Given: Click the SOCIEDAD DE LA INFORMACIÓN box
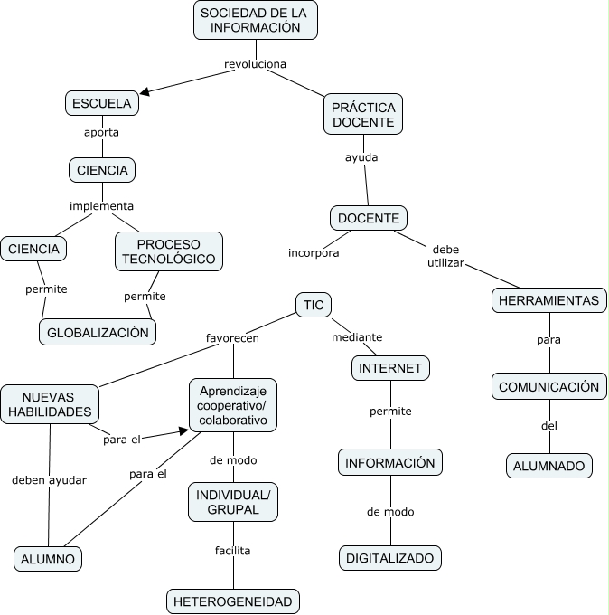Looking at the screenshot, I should pos(256,20).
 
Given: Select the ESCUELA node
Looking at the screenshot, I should pos(102,104).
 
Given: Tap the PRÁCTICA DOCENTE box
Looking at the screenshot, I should pos(362,113).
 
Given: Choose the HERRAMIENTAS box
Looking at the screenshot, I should pos(548,300).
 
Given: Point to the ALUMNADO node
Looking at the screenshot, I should pos(548,466).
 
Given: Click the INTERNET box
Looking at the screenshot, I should pos(390,368).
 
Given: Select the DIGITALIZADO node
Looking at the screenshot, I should pos(390,558).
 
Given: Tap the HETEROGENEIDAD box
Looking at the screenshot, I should pos(232,601).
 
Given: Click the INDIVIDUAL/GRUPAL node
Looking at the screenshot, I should pos(233,502).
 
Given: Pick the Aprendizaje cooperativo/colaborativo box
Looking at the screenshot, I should pos(233,404).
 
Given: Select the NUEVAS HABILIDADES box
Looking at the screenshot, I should pos(50,404).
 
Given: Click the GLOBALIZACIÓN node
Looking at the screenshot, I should pos(98,332).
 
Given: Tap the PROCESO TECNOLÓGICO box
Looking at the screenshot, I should pos(169,251).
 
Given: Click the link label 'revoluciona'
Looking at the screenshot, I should pos(255,64).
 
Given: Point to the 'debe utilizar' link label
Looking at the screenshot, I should pos(445,256).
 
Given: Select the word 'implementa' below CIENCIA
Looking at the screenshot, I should pos(101,205).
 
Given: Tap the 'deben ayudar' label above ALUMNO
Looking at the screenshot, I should pos(49,480).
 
